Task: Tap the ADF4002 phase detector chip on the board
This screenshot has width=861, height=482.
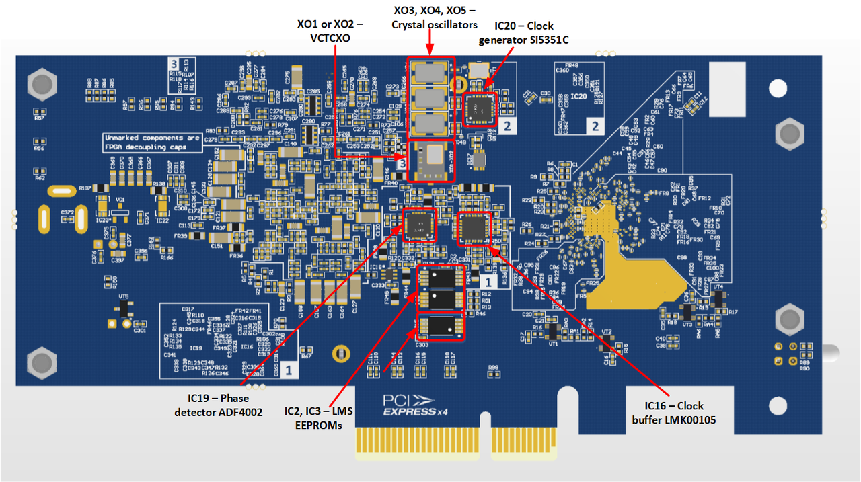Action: pos(418,225)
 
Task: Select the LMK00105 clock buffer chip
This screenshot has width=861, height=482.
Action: pos(476,228)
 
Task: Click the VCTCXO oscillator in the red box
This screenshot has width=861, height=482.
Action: pos(431,161)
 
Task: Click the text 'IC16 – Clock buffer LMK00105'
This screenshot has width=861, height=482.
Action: pos(674,412)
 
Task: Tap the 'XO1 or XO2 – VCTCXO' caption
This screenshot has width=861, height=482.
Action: pos(330,31)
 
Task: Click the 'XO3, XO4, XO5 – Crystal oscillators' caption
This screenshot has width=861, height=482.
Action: pos(435,17)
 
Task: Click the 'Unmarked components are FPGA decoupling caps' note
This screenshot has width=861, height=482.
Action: pos(153,142)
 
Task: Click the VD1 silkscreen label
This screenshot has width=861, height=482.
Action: pos(120,200)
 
